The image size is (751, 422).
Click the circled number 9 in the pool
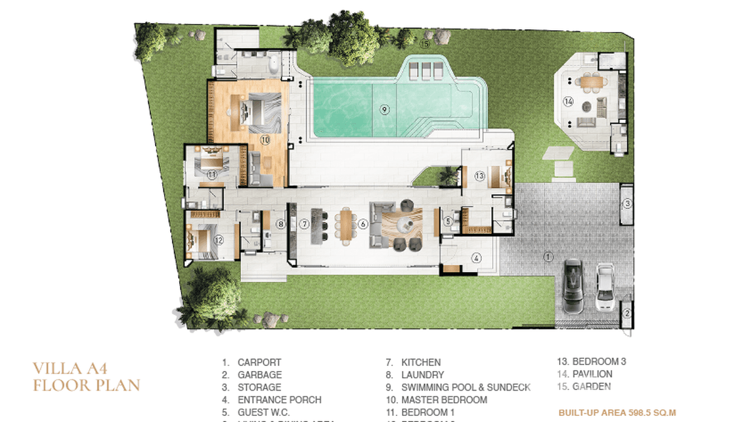384,110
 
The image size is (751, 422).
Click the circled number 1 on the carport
548,257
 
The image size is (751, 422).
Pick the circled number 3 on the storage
627,204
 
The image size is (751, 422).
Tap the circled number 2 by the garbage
627,313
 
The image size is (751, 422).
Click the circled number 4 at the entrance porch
476,258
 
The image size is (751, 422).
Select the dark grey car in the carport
574,285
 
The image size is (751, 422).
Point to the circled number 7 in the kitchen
304,224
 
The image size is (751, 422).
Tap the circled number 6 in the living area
363,224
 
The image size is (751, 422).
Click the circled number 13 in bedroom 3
479,176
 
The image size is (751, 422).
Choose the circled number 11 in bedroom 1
212,175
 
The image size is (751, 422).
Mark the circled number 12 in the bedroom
219,240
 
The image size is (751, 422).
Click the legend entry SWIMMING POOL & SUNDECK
466,387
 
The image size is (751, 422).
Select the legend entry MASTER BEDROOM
444,400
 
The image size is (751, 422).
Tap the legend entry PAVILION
592,374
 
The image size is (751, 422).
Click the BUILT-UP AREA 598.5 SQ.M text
617,413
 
